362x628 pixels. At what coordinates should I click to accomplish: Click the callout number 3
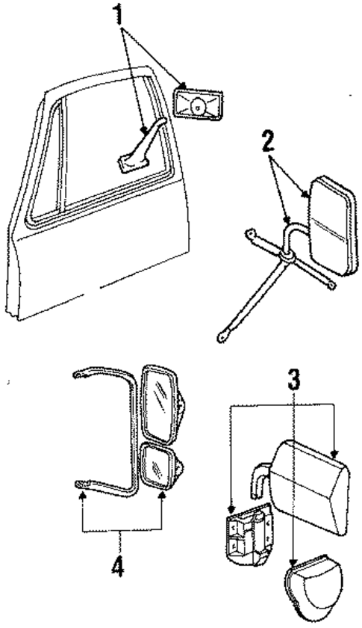294,381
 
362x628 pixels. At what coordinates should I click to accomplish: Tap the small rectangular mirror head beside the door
199,106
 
